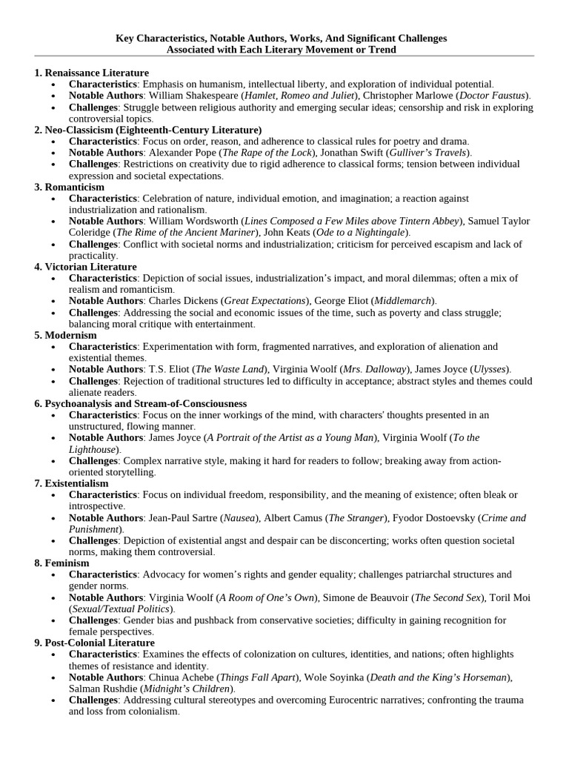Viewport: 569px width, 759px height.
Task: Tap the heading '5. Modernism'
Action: pos(65,335)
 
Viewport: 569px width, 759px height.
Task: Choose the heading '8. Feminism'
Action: pos(62,563)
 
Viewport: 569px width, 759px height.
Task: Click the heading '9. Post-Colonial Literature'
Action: pos(94,643)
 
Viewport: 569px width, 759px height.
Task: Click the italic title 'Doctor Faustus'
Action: pos(492,96)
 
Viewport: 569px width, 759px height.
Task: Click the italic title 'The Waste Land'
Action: pos(227,369)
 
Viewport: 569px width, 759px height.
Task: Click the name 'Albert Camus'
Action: pos(293,517)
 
